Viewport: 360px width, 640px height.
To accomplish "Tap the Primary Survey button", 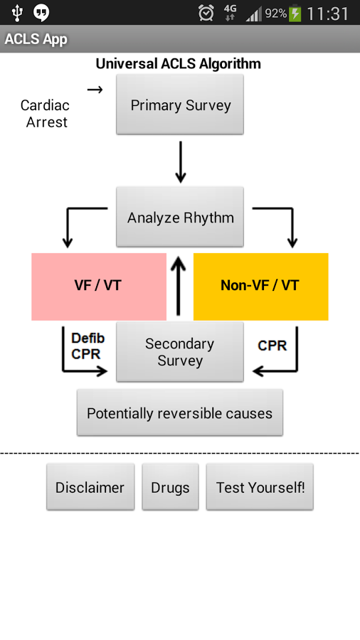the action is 180,105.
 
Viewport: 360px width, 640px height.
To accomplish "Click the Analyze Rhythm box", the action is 180,217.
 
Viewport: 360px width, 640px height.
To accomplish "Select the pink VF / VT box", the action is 99,287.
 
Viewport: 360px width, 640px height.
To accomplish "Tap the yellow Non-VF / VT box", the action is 261,287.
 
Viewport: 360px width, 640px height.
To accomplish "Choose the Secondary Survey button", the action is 180,352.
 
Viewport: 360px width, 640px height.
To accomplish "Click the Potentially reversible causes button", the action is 180,412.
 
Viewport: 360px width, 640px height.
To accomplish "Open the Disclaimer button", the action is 90,487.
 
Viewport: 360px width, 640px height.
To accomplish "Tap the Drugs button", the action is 170,487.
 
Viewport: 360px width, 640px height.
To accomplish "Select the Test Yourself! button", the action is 260,487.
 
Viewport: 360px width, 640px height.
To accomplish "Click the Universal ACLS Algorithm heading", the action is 179,64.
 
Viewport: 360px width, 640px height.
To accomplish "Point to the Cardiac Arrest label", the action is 46,114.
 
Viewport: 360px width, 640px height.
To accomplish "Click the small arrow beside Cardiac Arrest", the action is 95,90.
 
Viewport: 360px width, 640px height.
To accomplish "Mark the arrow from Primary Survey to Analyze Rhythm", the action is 181,162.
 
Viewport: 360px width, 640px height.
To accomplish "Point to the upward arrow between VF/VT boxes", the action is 178,286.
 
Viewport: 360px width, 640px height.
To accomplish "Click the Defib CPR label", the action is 88,346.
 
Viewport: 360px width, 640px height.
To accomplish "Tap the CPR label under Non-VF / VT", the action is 272,346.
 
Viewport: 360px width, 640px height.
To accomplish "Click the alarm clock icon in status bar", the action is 206,13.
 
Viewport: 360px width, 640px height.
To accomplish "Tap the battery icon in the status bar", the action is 295,14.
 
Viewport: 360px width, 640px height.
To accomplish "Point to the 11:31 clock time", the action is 327,14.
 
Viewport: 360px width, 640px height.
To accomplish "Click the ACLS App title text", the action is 36,39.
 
